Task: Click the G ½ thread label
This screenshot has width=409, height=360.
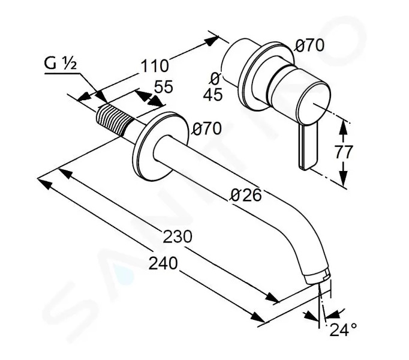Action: (60, 64)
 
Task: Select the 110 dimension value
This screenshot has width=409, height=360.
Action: (154, 66)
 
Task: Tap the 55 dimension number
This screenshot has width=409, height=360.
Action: (164, 86)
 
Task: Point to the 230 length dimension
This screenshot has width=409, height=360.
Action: (178, 237)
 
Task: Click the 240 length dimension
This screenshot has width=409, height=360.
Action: (163, 263)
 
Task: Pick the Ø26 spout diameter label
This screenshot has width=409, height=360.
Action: (246, 195)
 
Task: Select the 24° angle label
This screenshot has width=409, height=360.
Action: (343, 330)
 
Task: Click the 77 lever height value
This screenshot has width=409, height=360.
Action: (344, 152)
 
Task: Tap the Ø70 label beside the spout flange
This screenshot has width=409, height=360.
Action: (207, 129)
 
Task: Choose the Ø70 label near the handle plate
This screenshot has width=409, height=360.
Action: (309, 46)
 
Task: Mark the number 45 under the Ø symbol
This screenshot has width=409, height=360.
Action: (213, 95)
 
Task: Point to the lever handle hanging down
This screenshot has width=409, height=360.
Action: (308, 148)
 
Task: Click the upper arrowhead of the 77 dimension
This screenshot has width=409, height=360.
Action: (344, 127)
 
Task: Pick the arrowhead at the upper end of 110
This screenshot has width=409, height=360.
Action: (211, 41)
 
